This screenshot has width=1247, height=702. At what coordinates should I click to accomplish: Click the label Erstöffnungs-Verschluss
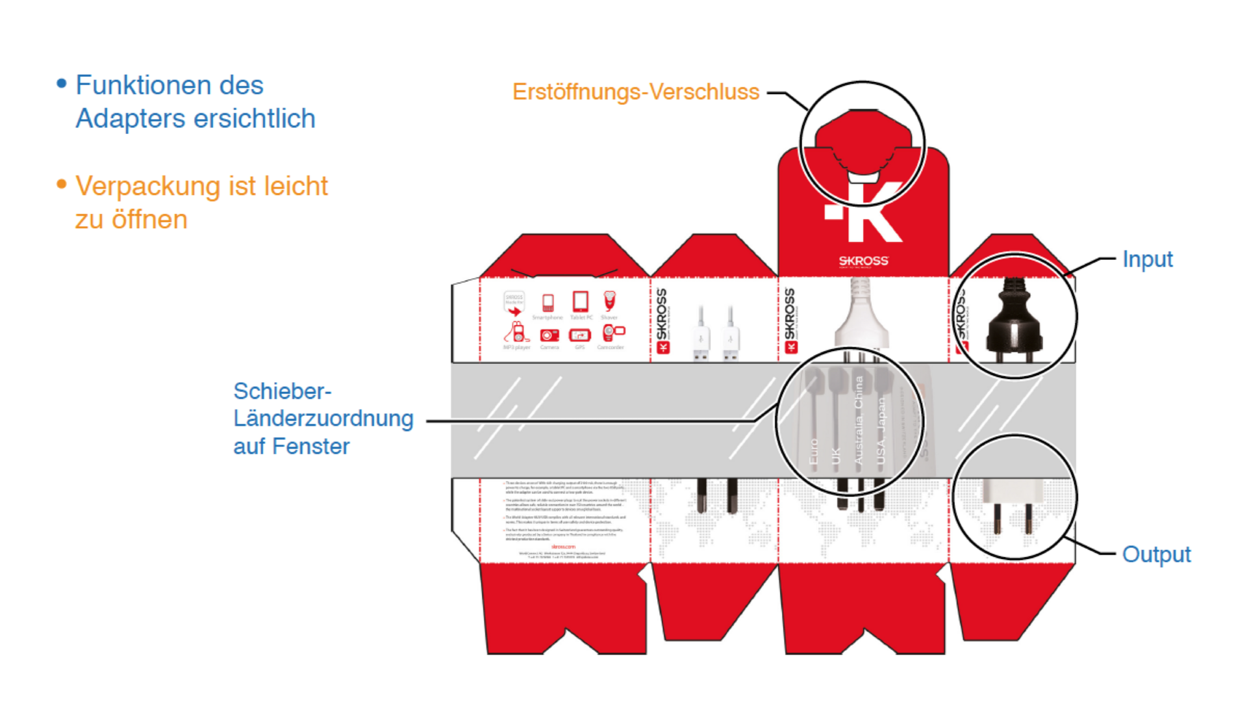(635, 92)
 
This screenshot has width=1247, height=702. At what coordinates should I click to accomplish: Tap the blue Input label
(1147, 259)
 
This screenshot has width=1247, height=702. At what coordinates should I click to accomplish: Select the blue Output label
(1156, 554)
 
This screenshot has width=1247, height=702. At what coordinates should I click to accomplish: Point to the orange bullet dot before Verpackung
(62, 185)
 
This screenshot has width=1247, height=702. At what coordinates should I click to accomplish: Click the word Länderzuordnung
(323, 419)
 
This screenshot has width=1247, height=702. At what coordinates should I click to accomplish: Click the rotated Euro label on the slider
(813, 451)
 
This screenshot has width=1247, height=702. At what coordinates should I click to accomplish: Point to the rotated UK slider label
(835, 455)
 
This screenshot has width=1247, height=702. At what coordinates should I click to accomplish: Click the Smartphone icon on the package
(548, 302)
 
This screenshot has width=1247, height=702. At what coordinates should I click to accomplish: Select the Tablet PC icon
(580, 302)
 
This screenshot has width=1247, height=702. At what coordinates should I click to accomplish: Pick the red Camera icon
(549, 335)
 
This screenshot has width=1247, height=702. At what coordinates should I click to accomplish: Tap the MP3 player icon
(516, 333)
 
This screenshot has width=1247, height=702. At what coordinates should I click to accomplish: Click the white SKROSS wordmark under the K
(863, 261)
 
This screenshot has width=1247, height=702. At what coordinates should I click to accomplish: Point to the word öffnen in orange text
(149, 220)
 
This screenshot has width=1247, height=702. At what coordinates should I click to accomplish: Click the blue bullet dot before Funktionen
(62, 83)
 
